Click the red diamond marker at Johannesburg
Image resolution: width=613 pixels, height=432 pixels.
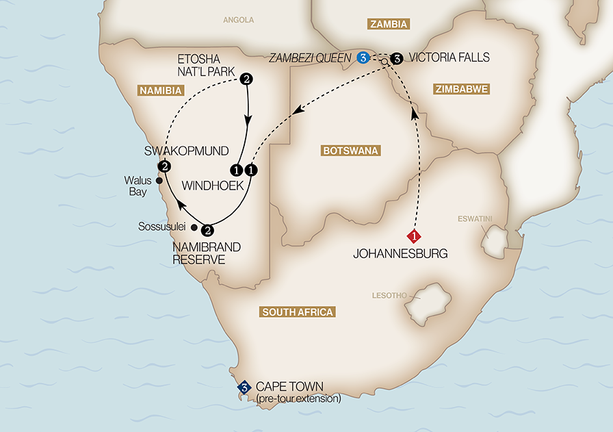coord(414,237)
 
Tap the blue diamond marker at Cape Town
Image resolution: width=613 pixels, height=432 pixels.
coord(243,387)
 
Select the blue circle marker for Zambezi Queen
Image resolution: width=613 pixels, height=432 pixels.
coord(363,58)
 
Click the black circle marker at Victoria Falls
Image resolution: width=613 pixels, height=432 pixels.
coord(396,58)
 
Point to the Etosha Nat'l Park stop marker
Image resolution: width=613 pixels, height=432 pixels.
coord(246,79)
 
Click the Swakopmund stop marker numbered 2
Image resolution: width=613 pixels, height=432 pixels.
coord(164,166)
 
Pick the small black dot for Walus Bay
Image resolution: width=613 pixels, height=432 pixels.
coord(159,181)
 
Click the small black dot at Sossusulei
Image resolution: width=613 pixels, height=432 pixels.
coord(194,227)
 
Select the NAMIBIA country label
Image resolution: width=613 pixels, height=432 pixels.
coord(161,90)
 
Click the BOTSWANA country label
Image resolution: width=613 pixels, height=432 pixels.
coord(350,151)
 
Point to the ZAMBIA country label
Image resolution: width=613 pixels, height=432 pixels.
coord(389,25)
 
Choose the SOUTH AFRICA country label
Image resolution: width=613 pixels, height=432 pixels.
coord(298,312)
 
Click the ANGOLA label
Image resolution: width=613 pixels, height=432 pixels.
coord(238,20)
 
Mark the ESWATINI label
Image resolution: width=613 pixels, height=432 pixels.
coord(475,220)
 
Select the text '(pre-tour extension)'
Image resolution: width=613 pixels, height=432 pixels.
coord(298,398)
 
